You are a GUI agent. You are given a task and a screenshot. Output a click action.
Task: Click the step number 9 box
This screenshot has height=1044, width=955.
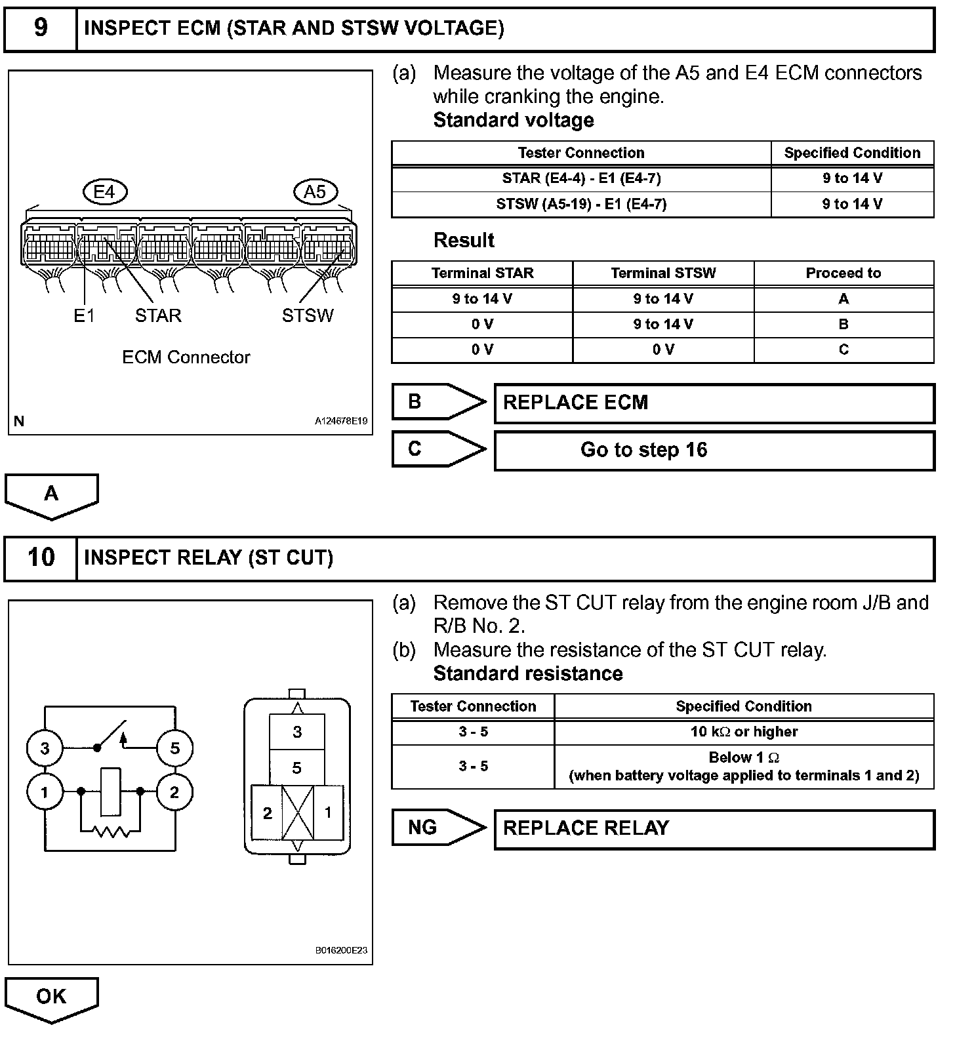point(41,28)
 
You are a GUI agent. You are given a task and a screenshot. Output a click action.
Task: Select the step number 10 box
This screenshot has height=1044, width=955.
point(41,557)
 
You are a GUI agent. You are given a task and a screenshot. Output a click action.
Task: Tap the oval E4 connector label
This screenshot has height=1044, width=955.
point(105,191)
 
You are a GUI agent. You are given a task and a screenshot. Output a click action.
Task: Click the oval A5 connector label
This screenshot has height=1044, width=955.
point(315,191)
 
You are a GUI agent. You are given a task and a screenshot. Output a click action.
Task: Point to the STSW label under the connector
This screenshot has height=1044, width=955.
point(308,315)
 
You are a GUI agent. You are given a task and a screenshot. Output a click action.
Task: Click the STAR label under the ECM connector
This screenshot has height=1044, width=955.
point(158,315)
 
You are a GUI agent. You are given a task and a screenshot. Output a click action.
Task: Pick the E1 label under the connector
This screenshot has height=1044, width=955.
point(84,316)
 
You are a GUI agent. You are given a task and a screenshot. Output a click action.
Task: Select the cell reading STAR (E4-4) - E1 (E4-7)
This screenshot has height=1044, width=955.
point(581,178)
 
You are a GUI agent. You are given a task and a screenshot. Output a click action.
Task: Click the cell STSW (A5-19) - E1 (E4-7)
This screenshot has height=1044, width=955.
point(581,204)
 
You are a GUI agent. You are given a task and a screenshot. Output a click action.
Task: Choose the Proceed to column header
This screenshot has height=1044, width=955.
point(843,273)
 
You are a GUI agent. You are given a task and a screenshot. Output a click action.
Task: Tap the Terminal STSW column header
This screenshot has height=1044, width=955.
point(663,273)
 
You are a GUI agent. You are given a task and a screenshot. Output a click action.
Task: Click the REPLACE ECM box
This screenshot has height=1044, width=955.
point(714,403)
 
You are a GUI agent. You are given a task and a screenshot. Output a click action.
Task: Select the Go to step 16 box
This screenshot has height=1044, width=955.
point(714,450)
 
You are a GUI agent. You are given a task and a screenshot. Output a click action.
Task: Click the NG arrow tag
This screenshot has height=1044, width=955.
point(438,828)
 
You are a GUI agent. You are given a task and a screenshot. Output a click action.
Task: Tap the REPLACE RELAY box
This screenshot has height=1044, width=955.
point(714,829)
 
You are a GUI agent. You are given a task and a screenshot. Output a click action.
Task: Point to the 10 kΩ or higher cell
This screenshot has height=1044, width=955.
point(744,732)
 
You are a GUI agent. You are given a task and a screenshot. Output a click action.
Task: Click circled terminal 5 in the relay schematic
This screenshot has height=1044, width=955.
point(174,748)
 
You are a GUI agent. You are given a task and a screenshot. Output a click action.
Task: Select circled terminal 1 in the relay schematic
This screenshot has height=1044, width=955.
point(45,793)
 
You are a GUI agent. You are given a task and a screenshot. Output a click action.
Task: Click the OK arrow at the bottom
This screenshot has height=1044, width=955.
point(51,997)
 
